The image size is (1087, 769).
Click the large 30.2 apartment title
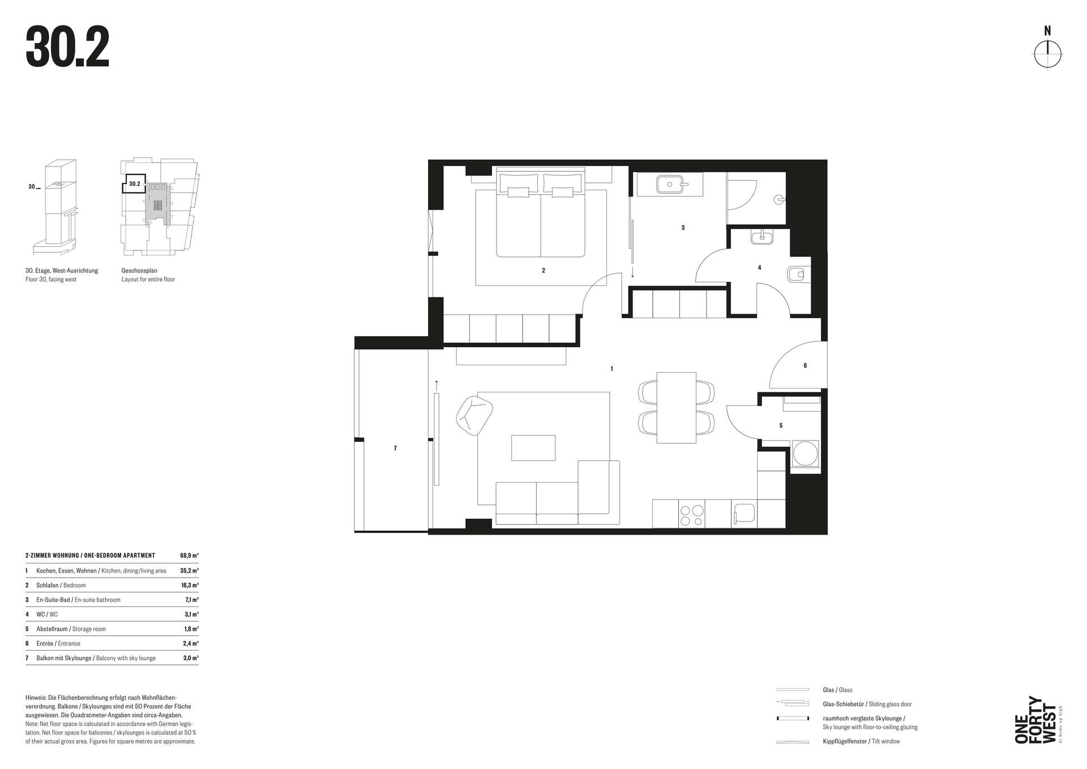pos(67,49)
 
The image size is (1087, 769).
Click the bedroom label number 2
pos(543,271)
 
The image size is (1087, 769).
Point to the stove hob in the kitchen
pos(691,514)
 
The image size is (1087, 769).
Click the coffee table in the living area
pos(533,447)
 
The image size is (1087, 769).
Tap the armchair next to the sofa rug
pos(474,415)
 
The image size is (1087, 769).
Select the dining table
pos(676,407)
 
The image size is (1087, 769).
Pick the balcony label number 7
pos(395,448)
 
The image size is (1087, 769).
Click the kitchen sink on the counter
pos(744,514)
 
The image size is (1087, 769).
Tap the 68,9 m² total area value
pos(189,556)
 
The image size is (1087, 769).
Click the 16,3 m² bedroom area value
pos(190,585)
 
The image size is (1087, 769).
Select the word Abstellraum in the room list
pos(53,629)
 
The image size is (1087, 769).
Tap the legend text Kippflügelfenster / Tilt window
pos(861,741)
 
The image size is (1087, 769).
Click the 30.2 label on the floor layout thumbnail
pos(135,184)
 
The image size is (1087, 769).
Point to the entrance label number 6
pos(805,366)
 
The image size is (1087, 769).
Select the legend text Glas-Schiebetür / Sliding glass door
pos(867,704)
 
